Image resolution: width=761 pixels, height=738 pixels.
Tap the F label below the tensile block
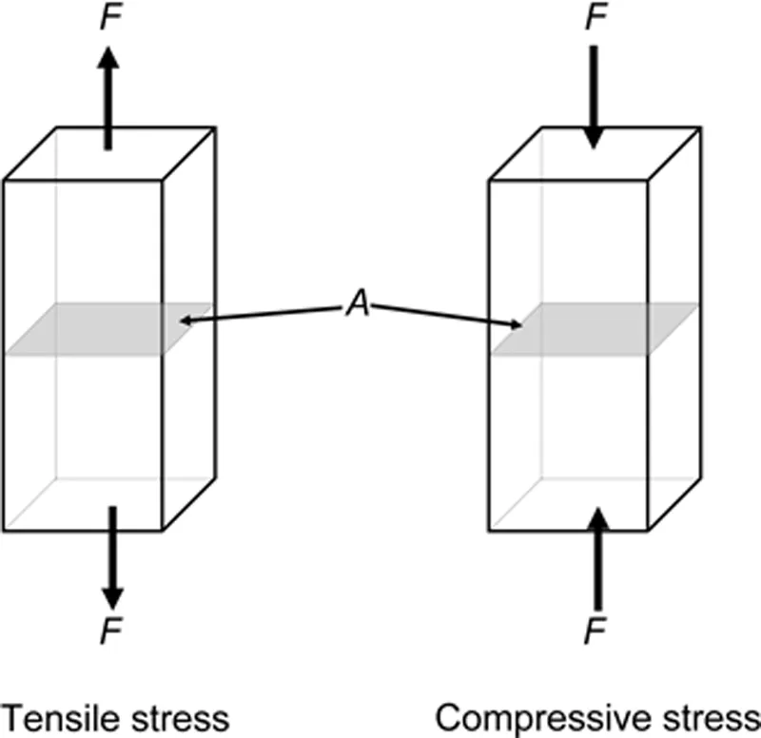[x=112, y=632]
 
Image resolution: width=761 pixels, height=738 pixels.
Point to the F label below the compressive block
[x=596, y=632]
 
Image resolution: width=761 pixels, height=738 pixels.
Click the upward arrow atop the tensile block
[x=108, y=95]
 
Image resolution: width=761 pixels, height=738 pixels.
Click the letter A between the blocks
[x=355, y=307]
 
